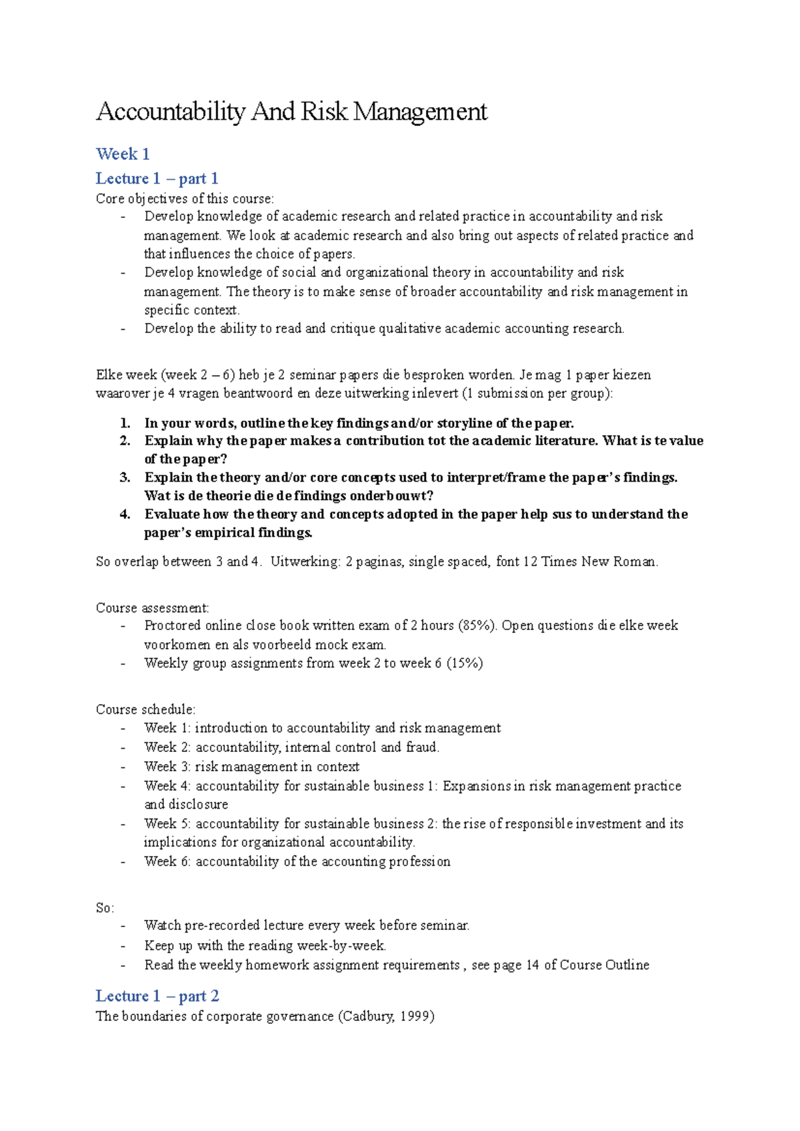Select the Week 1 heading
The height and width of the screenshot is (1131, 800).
coord(123,154)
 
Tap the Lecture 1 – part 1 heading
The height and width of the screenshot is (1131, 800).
coord(157,179)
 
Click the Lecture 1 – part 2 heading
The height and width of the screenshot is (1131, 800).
coord(157,996)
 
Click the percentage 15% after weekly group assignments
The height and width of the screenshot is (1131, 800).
coord(464,663)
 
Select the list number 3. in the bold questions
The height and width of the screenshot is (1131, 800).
coord(125,478)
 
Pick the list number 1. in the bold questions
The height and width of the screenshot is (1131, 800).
coord(125,424)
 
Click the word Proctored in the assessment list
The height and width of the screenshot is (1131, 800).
coord(172,625)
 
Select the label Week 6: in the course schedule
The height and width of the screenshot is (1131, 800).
coord(167,861)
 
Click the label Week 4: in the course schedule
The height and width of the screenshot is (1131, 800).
coord(167,786)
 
